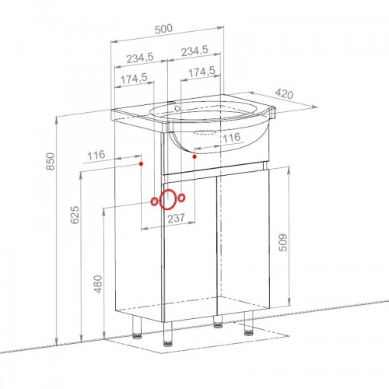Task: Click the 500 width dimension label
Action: tap(163, 29)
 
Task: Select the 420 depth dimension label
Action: tap(284, 94)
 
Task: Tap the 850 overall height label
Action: tap(51, 161)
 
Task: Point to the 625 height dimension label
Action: tap(75, 215)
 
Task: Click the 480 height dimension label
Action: tap(98, 284)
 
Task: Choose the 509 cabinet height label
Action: tap(282, 243)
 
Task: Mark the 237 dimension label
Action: tap(177, 218)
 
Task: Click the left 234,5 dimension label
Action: tap(140, 58)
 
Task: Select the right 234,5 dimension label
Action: tap(194, 51)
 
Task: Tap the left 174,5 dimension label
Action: tap(134, 79)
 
